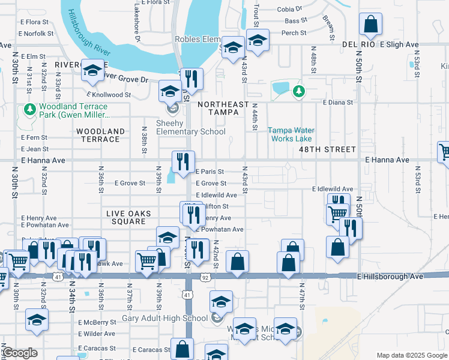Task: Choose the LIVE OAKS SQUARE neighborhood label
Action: tap(125, 217)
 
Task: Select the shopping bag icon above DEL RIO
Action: tap(371, 25)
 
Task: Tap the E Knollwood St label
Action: tap(109, 95)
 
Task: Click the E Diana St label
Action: tap(337, 103)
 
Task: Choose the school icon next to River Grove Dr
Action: tap(93, 71)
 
